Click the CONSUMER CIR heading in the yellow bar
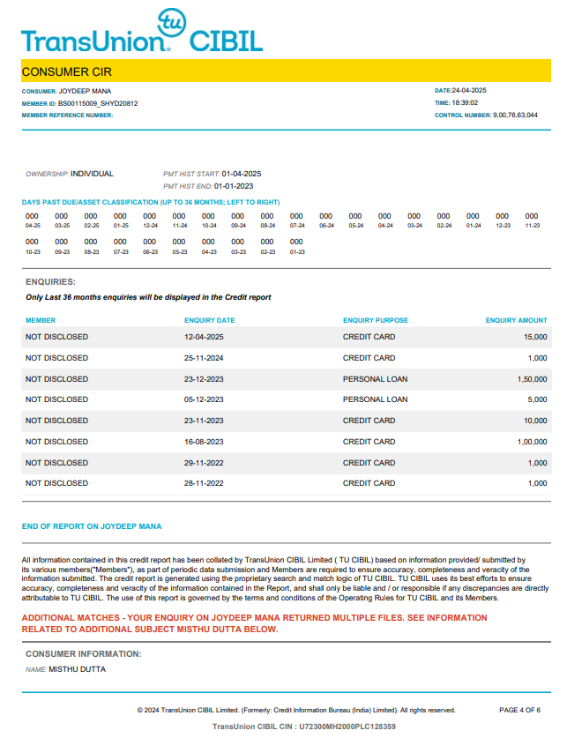[x=66, y=71]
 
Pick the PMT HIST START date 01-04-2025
[x=242, y=174]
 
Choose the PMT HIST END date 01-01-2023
[x=233, y=186]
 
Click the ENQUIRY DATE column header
[x=210, y=321]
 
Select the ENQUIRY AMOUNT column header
[x=516, y=321]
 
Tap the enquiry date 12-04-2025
[x=204, y=338]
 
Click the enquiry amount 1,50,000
[x=533, y=379]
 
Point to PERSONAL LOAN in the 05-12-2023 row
[x=375, y=400]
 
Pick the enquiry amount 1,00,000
[x=533, y=442]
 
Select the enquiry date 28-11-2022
[x=204, y=484]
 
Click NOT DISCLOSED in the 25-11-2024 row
[x=56, y=359]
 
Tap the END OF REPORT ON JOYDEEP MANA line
[x=92, y=527]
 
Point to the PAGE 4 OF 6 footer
[x=519, y=710]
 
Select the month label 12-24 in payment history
[x=150, y=226]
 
